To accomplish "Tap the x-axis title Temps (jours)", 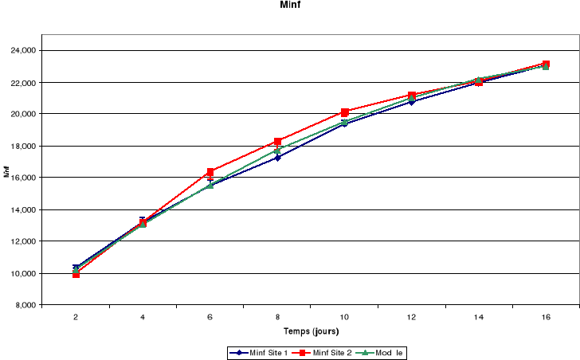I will pos(310,331).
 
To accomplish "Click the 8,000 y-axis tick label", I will pos(24,305).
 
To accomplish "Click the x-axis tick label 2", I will pos(76,317).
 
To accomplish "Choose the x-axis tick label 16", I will pos(546,317).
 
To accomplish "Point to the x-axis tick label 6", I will pos(210,317).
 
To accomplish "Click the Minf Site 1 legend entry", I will pos(257,352).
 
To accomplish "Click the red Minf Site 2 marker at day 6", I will pos(210,172).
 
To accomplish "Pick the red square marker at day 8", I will pos(277,142).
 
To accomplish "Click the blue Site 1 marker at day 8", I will pos(277,158).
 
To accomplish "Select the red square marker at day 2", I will pos(76,274).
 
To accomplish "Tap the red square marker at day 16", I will pos(546,64).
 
